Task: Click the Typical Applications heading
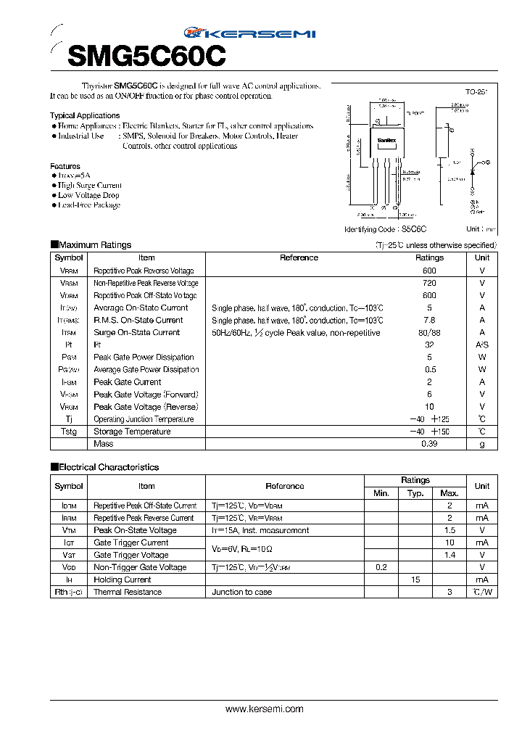click(x=85, y=115)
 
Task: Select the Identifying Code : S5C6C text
click(x=385, y=228)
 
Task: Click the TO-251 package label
click(x=476, y=92)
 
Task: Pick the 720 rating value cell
click(x=429, y=283)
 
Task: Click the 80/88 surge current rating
click(x=429, y=333)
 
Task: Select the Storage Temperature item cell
click(x=132, y=432)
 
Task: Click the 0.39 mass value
click(x=429, y=444)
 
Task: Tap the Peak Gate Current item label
click(x=127, y=382)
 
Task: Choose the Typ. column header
click(x=415, y=493)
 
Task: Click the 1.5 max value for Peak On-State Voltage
click(x=449, y=530)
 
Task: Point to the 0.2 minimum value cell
click(x=381, y=567)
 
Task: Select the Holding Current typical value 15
click(x=415, y=580)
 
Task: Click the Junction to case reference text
click(x=242, y=592)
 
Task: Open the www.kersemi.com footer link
click(x=265, y=709)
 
